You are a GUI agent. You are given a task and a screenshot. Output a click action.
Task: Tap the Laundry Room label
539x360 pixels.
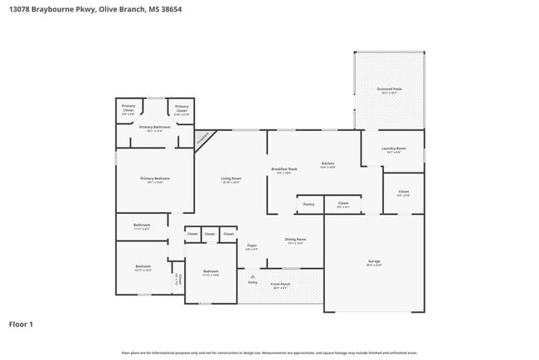(x=392, y=150)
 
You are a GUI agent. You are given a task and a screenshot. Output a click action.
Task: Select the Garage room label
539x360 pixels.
(x=373, y=263)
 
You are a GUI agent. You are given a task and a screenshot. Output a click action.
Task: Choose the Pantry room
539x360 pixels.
(x=308, y=203)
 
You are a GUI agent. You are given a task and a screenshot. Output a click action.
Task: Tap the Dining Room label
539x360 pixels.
(x=295, y=241)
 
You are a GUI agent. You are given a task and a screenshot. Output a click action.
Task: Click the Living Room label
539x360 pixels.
(x=231, y=180)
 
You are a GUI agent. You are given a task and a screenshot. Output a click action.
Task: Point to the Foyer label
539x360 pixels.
(x=251, y=246)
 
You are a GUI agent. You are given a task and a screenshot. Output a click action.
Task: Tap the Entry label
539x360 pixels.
(x=253, y=282)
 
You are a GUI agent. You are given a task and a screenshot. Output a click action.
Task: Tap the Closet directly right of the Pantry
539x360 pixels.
(x=342, y=203)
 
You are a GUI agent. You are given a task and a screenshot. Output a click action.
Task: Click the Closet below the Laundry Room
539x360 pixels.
(x=403, y=193)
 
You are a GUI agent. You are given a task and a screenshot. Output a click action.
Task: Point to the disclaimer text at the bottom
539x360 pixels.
(x=269, y=353)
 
